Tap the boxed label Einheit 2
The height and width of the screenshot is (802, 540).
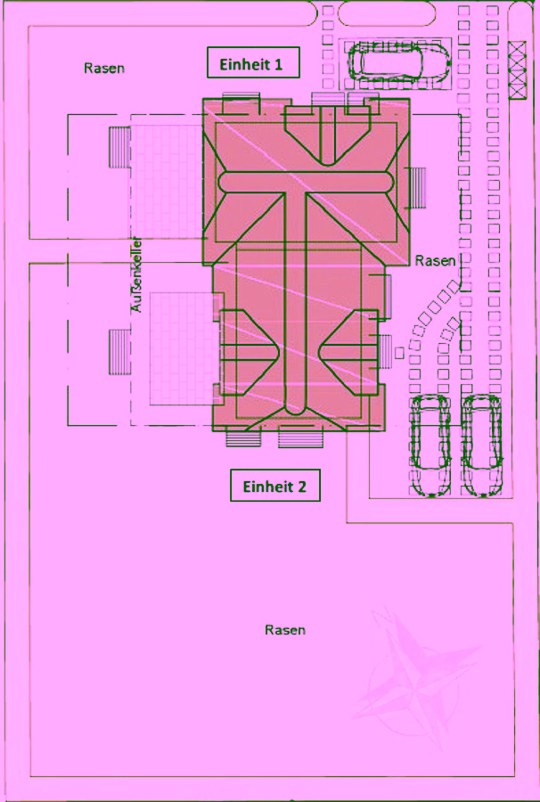[275, 485]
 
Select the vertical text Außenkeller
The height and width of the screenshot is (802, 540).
[137, 274]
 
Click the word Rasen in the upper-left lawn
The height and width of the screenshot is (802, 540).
[104, 68]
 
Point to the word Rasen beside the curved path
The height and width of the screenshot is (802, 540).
[435, 260]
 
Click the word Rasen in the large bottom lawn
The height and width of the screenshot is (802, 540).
[285, 630]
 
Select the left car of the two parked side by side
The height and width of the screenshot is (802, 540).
[430, 446]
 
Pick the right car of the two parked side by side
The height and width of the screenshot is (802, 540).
[482, 446]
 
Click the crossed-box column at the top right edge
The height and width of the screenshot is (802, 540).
[517, 70]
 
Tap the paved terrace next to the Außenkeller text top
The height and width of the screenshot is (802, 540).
[167, 182]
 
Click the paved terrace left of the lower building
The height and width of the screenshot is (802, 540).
[182, 348]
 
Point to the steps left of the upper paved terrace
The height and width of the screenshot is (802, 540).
[120, 147]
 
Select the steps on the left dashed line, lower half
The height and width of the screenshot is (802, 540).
[120, 352]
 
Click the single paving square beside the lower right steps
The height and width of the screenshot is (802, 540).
[399, 352]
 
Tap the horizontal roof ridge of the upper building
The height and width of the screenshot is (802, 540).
[306, 182]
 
